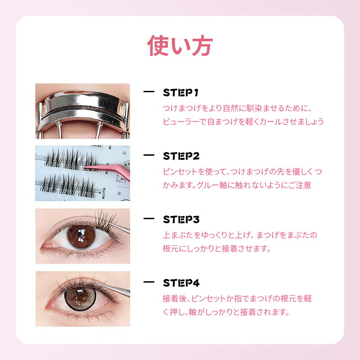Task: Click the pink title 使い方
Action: [x=180, y=46]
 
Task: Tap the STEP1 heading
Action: [x=180, y=93]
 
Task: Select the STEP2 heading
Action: [x=181, y=156]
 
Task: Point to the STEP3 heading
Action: [x=181, y=220]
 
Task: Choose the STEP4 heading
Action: [x=181, y=283]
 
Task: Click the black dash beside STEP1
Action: [x=149, y=92]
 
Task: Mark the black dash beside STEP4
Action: [x=149, y=282]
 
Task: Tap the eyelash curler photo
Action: [x=83, y=111]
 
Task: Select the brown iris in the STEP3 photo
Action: [x=81, y=237]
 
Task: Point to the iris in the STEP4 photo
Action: [x=80, y=299]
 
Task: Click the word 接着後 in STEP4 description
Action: [x=174, y=298]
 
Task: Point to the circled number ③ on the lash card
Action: [x=119, y=193]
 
